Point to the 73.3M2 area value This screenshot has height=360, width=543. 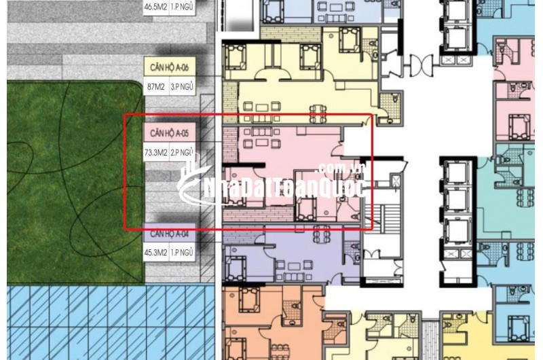coord(155,153)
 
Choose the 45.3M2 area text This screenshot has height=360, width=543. coord(155,253)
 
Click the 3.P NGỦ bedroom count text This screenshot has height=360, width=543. coord(181,87)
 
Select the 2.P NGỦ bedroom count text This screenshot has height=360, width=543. coord(182,153)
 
